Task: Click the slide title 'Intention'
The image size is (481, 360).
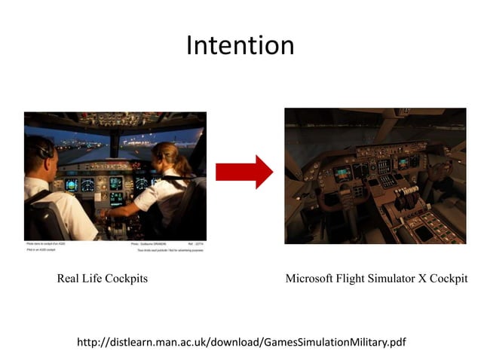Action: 240,46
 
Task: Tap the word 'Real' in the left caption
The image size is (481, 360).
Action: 70,279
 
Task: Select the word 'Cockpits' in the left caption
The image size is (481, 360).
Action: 125,279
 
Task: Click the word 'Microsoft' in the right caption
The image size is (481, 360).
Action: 311,279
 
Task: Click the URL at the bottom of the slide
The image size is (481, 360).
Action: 241,343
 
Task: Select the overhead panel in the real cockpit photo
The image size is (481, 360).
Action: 113,119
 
